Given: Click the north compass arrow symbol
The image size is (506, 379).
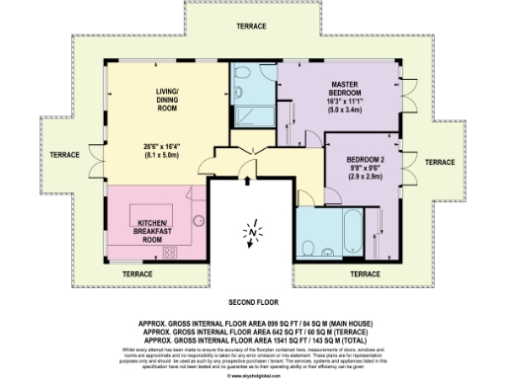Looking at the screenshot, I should click(x=251, y=233).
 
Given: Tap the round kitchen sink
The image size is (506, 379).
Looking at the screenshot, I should click(x=198, y=221).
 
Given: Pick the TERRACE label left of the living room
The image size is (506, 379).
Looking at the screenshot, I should click(x=65, y=155).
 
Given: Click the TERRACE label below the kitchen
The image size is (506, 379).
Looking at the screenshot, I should click(x=137, y=273).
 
